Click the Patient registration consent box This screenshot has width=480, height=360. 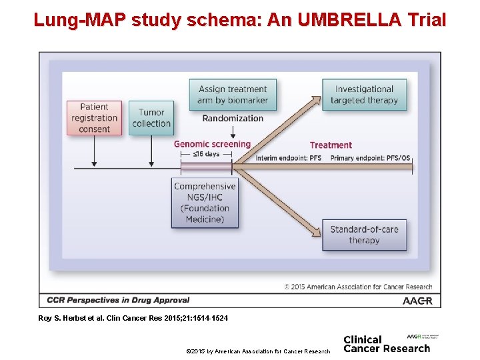(94, 118)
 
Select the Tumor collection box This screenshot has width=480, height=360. (151, 118)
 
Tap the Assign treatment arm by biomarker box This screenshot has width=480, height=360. (232, 95)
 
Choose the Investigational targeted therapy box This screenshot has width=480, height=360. (364, 95)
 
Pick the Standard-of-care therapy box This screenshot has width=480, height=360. (364, 235)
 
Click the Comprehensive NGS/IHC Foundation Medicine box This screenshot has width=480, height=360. (205, 203)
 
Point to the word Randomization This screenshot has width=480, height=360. (233, 119)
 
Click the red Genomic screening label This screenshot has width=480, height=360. (212, 144)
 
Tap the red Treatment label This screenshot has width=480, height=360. (331, 145)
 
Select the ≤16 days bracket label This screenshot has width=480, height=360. (206, 154)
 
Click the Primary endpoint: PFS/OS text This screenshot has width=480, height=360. (370, 159)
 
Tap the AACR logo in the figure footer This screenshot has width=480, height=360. (417, 301)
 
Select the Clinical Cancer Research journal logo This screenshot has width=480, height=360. (387, 343)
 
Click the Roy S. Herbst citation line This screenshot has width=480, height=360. (133, 319)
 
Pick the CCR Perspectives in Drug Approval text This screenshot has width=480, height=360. (119, 300)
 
